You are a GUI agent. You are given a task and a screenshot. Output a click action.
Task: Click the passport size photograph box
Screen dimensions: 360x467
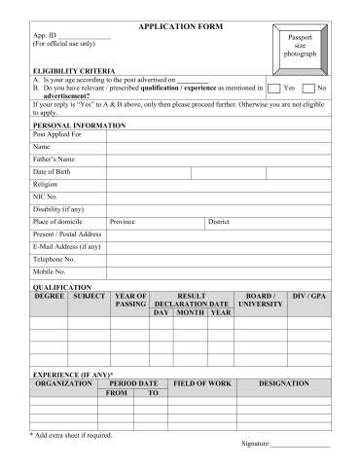pos(300,44)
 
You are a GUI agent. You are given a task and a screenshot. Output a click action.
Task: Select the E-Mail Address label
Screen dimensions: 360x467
pos(66,247)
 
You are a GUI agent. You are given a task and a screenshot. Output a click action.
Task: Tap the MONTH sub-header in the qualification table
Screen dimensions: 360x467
pos(190,312)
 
